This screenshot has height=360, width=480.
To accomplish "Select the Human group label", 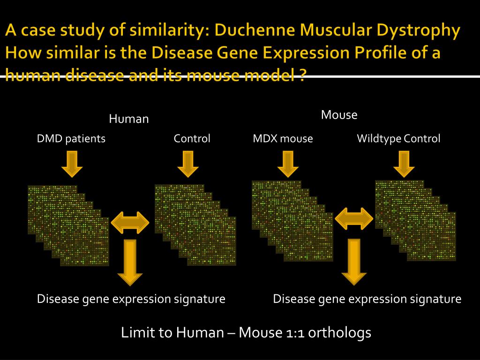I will (129, 119).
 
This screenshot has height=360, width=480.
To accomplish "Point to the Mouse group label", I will (339, 115).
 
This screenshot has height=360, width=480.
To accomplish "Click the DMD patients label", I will (71, 139).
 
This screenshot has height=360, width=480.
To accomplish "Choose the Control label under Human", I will (192, 139).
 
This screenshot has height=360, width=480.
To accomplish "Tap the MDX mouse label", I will (283, 139).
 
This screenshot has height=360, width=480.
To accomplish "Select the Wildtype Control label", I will (398, 139).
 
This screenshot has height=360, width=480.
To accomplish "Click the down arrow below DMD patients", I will (72, 165).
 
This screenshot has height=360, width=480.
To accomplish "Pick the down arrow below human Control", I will (187, 165).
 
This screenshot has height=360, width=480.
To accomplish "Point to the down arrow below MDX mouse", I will (288, 165).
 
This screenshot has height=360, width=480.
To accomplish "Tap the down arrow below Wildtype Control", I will (404, 165).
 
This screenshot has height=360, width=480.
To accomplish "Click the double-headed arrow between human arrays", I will (130, 222).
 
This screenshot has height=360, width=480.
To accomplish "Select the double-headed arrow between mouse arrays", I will (354, 218).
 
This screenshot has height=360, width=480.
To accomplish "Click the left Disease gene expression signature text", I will (131, 299).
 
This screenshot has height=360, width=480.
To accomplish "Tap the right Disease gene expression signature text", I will (367, 299).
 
